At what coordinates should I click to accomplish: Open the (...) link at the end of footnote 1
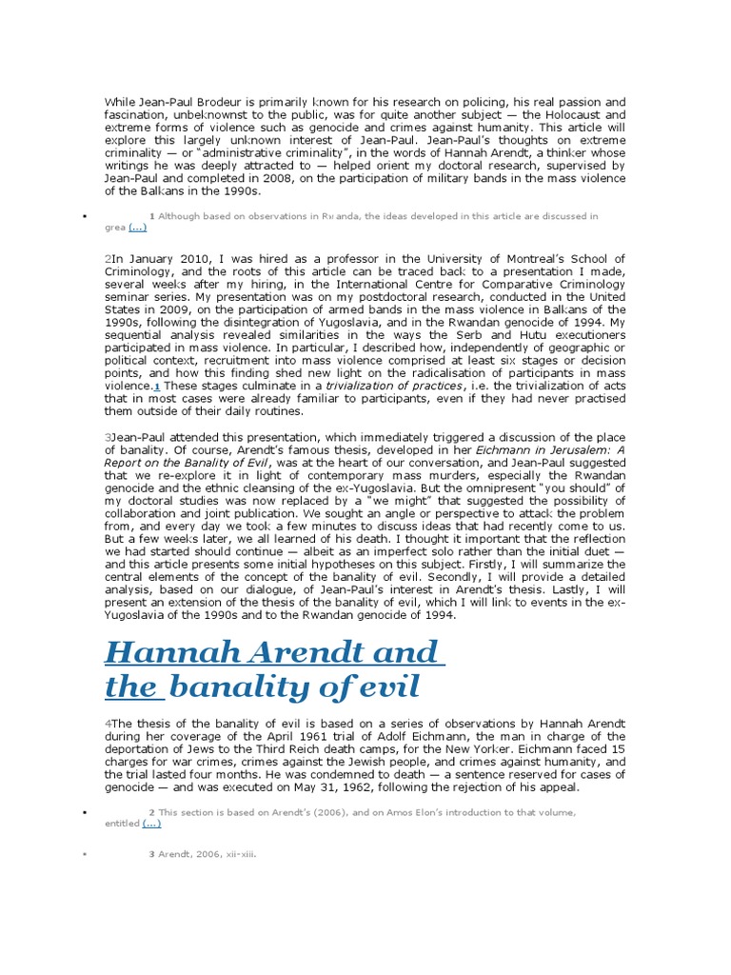coord(137,229)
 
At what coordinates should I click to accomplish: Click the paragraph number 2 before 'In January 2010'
coord(108,259)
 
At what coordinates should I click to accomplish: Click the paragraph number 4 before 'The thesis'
coord(108,725)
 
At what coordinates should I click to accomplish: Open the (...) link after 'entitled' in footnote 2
coord(151,824)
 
